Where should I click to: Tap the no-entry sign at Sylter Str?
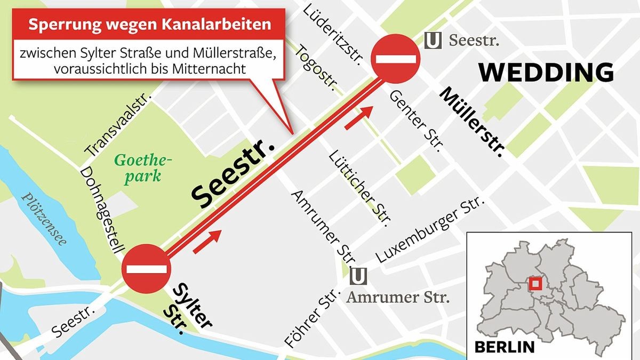click(x=146, y=268)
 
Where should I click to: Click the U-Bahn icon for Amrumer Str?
click(x=357, y=276)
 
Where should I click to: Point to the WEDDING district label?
click(x=546, y=73)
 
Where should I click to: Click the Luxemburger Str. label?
click(x=430, y=231)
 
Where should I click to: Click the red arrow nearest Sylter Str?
click(x=206, y=242)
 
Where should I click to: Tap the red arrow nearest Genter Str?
click(x=358, y=117)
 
